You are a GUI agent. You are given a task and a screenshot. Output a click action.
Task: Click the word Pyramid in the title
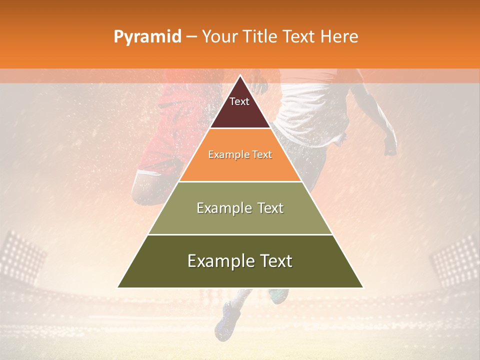point(147,37)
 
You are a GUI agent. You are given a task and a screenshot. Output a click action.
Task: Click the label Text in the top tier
point(239,101)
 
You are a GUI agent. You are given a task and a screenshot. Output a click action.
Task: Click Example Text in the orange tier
point(240,154)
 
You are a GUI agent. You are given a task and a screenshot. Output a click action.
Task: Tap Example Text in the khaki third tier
point(240,208)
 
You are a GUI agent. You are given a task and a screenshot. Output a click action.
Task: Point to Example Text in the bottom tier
point(240,261)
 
